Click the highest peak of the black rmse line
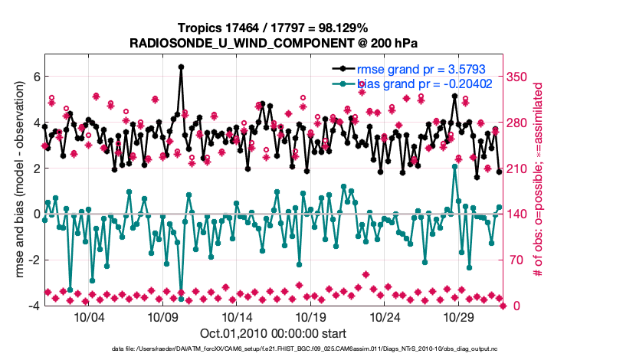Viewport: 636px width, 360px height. click(181, 67)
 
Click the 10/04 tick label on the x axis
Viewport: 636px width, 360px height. click(88, 317)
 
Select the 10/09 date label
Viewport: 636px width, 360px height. click(162, 317)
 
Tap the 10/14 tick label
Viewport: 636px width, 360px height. click(236, 317)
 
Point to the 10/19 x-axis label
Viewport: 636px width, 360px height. click(310, 317)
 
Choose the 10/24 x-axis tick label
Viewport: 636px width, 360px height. click(385, 317)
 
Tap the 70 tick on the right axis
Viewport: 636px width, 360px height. click(516, 260)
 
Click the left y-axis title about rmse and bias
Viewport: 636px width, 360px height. click(16, 180)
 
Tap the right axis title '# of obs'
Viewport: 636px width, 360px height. click(539, 180)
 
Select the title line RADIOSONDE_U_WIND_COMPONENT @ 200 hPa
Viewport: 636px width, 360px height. click(273, 43)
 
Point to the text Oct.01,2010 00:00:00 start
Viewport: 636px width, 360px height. click(273, 333)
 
